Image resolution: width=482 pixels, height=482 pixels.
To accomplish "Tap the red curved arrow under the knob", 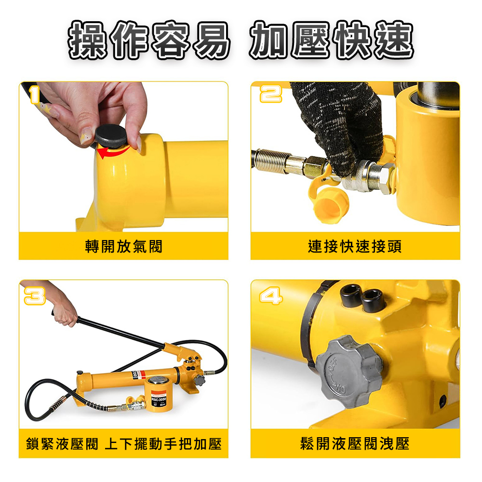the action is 113,151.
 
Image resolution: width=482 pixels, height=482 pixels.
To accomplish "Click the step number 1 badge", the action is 34,94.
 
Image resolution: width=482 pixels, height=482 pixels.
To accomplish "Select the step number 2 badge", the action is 271,94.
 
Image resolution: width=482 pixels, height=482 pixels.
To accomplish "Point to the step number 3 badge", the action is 35,296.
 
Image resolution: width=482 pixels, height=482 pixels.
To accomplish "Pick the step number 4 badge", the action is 271,295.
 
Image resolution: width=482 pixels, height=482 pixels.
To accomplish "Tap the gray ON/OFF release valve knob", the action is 350,372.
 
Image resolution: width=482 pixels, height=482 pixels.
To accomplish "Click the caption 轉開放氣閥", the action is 123,246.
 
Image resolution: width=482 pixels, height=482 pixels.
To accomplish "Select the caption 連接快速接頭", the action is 355,246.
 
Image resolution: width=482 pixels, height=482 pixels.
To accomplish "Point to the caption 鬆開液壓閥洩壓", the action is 355,444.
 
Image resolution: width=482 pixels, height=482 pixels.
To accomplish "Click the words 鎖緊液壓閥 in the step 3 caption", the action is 62,444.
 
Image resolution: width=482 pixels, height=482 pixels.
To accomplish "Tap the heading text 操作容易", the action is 149,40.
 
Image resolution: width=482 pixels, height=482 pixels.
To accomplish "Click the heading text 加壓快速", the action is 331,40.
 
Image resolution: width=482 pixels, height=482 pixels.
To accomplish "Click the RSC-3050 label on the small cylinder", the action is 159,399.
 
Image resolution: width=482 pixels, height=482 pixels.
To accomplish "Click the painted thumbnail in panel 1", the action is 86,136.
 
